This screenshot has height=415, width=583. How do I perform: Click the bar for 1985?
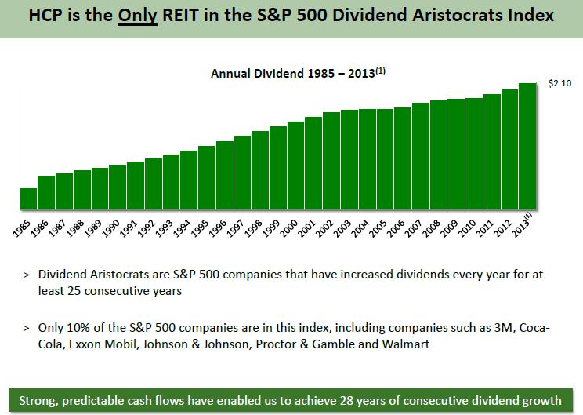pyautogui.click(x=28, y=200)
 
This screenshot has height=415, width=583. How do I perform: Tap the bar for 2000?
pyautogui.click(x=295, y=166)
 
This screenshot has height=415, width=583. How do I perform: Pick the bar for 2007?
pyautogui.click(x=420, y=157)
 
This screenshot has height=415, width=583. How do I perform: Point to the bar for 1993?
pyautogui.click(x=171, y=183)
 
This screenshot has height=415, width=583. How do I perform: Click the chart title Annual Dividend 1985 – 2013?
pyautogui.click(x=298, y=73)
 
